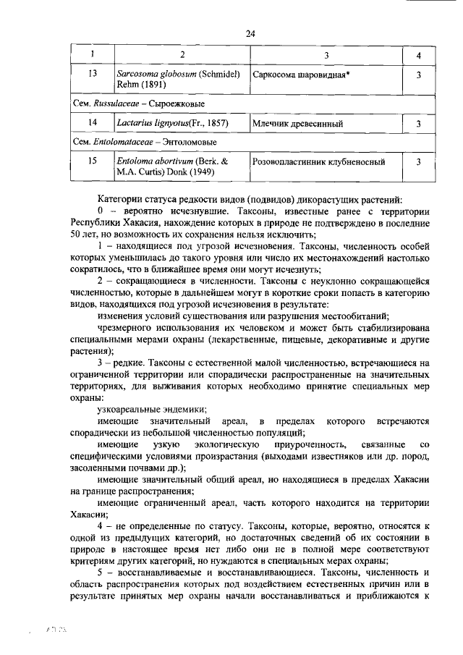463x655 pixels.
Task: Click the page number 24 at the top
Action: click(251, 33)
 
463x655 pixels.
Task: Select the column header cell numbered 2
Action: click(182, 56)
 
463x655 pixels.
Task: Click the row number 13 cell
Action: click(92, 74)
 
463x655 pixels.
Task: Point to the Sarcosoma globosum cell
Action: click(182, 80)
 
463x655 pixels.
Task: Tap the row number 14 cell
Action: click(92, 124)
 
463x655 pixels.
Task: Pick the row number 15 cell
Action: click(92, 161)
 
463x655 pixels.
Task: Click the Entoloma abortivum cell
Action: click(182, 167)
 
